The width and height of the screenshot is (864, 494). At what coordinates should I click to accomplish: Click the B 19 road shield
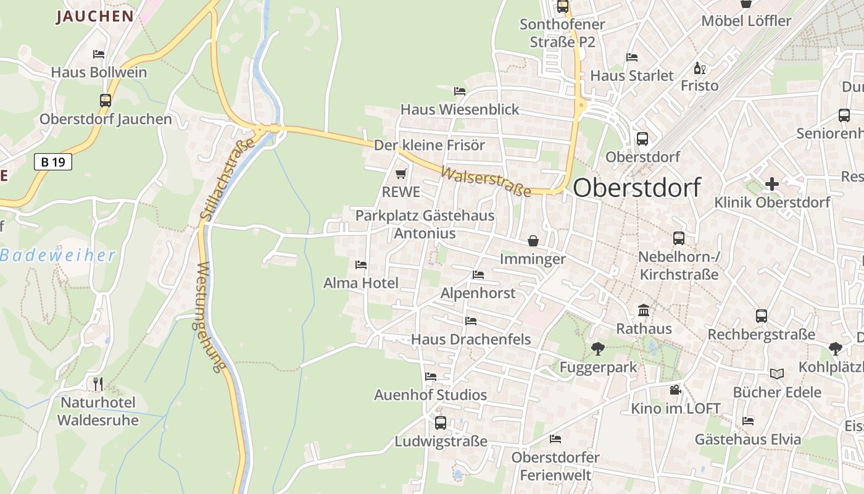tap(53, 162)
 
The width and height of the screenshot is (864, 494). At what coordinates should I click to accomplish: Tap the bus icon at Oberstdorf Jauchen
tap(106, 100)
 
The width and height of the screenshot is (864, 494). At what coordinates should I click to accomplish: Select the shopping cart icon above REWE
tap(401, 174)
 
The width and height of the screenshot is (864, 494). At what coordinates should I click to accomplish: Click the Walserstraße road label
tap(486, 180)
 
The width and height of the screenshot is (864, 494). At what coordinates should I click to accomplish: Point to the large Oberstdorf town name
tap(636, 188)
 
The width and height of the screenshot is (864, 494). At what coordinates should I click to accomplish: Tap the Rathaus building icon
tap(644, 310)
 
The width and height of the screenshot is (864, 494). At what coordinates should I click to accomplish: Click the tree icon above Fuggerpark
tap(597, 349)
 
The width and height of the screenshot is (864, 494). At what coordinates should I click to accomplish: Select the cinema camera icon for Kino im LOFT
tap(675, 390)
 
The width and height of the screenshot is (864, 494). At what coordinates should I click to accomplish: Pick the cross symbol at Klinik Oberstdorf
tap(771, 183)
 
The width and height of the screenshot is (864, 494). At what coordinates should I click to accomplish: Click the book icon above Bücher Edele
tap(776, 374)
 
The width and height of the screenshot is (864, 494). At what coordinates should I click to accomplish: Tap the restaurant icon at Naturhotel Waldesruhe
tap(98, 383)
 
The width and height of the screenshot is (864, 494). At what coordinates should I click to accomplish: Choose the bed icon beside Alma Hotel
tap(361, 265)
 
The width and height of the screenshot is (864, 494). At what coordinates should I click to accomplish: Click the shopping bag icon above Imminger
tap(533, 240)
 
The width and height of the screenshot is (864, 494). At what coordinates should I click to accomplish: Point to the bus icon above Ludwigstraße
tap(441, 423)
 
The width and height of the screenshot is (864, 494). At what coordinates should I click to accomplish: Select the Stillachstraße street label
tap(227, 179)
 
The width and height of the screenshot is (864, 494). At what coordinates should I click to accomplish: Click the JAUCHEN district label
tap(95, 17)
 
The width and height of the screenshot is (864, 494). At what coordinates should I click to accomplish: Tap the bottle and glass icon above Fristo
tap(699, 68)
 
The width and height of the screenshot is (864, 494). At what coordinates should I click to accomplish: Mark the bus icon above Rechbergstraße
tap(762, 316)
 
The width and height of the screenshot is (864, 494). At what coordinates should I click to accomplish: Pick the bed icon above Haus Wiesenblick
tap(460, 91)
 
